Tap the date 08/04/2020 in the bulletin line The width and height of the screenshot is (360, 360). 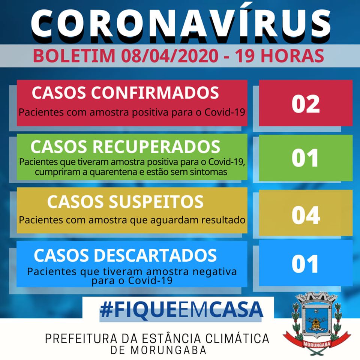click(170, 56)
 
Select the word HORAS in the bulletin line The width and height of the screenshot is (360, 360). click(292, 56)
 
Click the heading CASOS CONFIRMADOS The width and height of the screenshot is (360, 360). click(125, 93)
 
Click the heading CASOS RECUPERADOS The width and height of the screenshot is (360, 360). click(125, 147)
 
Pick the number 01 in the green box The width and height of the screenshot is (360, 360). click(305, 158)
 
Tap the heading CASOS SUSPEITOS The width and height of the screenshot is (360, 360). click(125, 202)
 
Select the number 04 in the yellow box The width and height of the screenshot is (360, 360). click(306, 215)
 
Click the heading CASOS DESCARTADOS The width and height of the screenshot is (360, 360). click(125, 255)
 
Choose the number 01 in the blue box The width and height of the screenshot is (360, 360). click(305, 264)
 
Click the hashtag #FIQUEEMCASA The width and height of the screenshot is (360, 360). click(181, 309)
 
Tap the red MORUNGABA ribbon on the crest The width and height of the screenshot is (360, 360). click(317, 344)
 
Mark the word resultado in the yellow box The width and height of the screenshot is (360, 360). click(223, 220)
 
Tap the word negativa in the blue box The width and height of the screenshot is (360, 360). click(214, 271)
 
